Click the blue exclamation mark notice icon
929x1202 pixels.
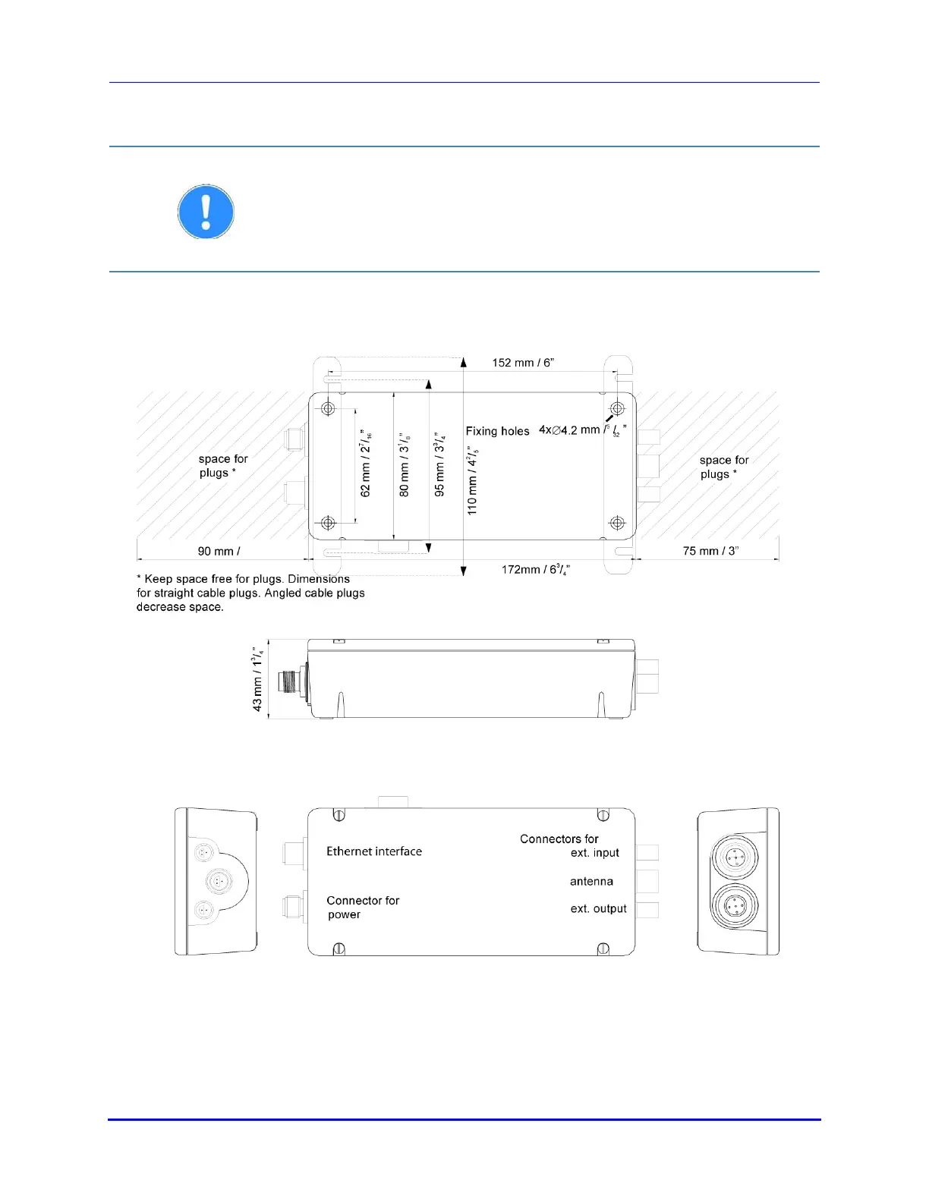click(x=206, y=212)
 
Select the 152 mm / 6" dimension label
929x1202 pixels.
click(x=523, y=363)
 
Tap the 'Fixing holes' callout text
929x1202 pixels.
click(x=497, y=431)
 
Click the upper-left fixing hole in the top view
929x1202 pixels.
click(x=328, y=409)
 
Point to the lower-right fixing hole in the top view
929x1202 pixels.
click(x=617, y=523)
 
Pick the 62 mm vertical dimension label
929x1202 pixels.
click(x=367, y=464)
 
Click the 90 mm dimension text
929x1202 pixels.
click(x=219, y=552)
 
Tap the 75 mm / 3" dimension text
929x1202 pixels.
click(x=710, y=551)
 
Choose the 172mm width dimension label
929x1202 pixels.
click(x=535, y=569)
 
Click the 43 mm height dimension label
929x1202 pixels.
click(x=258, y=678)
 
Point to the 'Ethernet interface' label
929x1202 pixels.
click(x=374, y=851)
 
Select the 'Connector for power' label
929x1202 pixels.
click(x=362, y=908)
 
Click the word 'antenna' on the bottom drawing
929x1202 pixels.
click(x=591, y=881)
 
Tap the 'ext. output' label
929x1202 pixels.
click(x=598, y=908)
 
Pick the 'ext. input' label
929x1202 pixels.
click(x=594, y=853)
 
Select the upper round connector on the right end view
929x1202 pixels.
click(x=734, y=857)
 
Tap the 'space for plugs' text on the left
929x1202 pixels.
click(x=222, y=466)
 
